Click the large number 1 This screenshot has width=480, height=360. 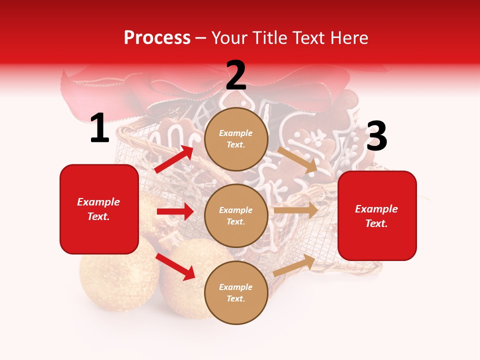[99, 128]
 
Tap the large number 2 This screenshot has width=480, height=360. [236, 76]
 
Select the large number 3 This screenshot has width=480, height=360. [376, 136]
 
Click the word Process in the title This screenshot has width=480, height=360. [157, 37]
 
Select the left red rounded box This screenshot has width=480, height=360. [99, 209]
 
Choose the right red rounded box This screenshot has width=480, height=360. [377, 215]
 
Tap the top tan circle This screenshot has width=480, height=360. [236, 139]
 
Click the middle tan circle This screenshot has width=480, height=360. [236, 215]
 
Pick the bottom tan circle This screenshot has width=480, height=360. [236, 292]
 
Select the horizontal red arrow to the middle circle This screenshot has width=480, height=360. [175, 211]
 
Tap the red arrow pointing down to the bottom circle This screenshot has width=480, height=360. [175, 266]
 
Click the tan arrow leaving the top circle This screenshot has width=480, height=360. [298, 159]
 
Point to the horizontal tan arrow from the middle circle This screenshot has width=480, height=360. [296, 210]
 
